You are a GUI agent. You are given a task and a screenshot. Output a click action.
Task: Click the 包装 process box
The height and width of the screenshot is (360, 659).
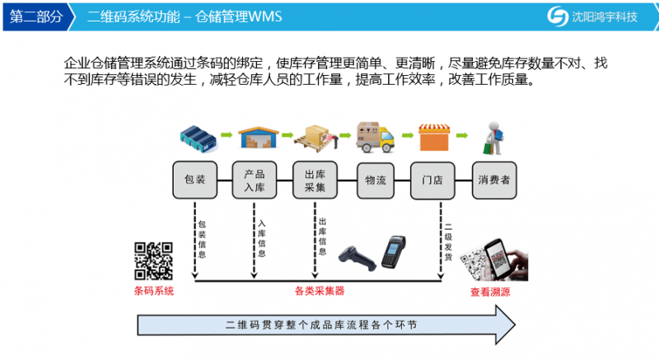pos(195,180)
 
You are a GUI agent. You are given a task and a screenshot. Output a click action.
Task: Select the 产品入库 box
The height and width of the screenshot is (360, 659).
pos(255,180)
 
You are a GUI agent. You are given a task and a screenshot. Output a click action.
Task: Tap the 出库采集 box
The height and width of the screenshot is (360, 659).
pos(315,180)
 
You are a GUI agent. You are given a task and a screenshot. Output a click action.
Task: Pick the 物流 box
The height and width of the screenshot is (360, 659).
pos(376,180)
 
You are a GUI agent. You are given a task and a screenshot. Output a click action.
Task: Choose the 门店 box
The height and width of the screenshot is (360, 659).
pos(432,180)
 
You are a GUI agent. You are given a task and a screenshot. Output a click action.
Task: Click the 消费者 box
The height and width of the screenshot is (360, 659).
pos(494,180)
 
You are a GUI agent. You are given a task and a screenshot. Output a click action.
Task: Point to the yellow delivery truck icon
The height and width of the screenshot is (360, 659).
pos(376,137)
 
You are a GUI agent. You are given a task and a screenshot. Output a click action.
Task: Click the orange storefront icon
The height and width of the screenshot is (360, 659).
pos(434,137)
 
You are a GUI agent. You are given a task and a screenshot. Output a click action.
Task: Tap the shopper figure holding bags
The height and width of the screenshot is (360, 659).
pos(493,138)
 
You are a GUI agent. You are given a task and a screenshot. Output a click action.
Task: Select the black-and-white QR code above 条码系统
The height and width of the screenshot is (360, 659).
pos(153,261)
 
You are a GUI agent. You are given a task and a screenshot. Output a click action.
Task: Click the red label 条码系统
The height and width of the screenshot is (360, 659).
pos(154,291)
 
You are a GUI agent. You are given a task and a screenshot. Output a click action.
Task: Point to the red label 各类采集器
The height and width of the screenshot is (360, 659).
pos(320,291)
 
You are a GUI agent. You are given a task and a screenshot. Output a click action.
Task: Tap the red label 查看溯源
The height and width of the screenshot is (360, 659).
pos(490,292)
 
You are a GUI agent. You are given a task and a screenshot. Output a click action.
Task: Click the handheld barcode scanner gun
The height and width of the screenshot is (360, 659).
pos(358,258)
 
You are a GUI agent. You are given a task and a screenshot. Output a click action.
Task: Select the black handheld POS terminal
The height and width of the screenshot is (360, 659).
pos(394,252)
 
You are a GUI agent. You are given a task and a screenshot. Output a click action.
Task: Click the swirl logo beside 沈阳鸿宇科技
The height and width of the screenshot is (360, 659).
pos(559,16)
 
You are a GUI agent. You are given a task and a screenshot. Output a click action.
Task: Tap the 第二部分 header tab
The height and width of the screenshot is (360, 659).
pos(37,16)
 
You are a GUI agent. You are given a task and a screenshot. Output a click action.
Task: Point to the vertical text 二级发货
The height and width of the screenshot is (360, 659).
pos(448,241)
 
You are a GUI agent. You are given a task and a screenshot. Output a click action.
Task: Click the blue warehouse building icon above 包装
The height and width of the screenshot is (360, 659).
pos(199,138)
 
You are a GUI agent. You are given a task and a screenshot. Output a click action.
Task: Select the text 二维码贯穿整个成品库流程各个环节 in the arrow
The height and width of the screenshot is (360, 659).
pos(321,325)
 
